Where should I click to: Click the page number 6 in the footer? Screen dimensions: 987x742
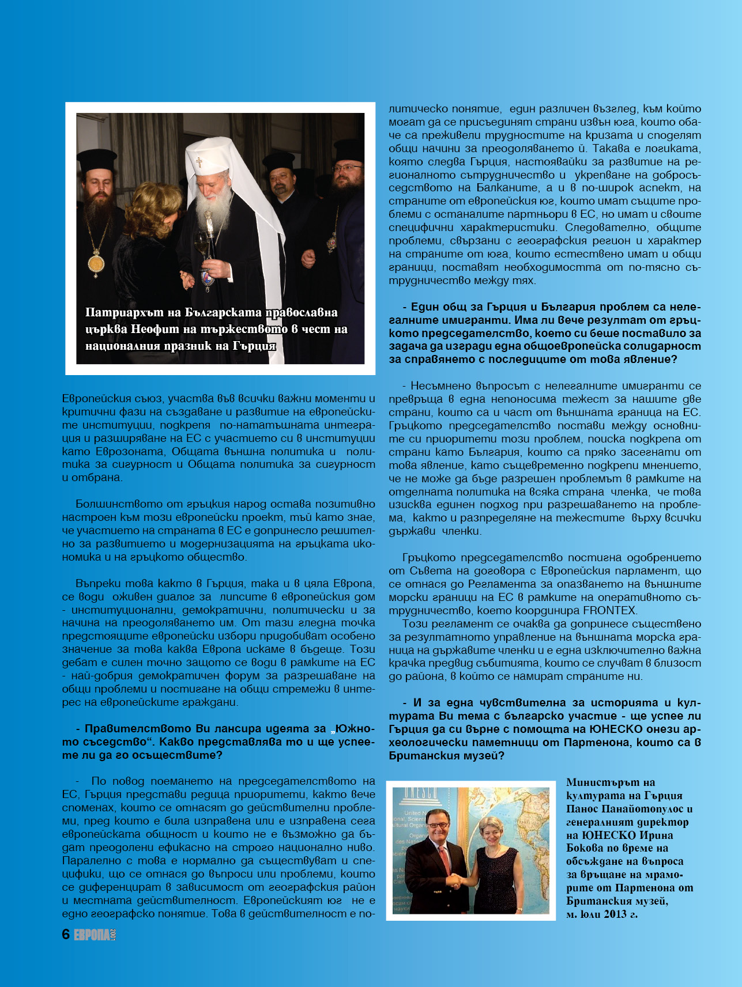(x=66, y=935)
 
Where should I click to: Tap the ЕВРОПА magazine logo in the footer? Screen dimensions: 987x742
(x=92, y=935)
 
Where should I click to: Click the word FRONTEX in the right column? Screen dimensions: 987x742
(x=609, y=611)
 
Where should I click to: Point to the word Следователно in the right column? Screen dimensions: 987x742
(x=609, y=228)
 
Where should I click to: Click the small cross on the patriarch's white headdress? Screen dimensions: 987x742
(x=199, y=162)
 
